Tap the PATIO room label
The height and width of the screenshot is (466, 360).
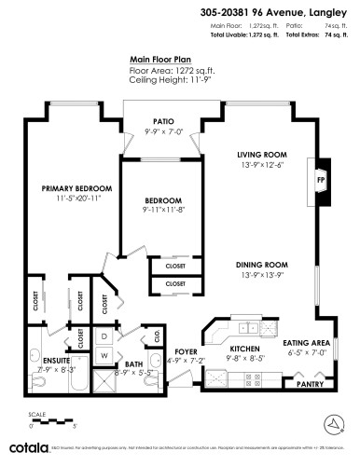tap(165, 121)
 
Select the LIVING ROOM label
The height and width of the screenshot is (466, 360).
tap(260, 154)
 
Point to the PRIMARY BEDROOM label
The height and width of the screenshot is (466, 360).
tap(70, 189)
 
